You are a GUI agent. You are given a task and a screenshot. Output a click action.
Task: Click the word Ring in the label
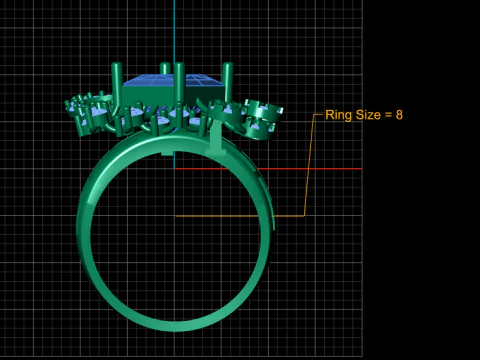point(340,115)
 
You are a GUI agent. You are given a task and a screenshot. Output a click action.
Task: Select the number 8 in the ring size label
point(399,115)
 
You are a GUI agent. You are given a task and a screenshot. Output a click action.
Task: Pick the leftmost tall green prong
point(118,85)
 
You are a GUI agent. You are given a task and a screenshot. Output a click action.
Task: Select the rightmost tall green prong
point(227,85)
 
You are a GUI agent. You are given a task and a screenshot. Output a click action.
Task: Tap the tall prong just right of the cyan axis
point(181,85)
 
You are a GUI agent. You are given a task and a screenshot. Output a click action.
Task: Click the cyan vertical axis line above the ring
point(174,30)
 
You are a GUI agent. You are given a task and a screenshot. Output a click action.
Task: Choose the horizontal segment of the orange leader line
point(240,215)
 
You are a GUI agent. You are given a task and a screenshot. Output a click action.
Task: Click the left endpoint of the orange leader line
point(176,215)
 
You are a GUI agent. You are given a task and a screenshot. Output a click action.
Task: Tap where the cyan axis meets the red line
point(174,168)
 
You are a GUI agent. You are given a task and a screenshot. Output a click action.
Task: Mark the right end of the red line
point(360,168)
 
